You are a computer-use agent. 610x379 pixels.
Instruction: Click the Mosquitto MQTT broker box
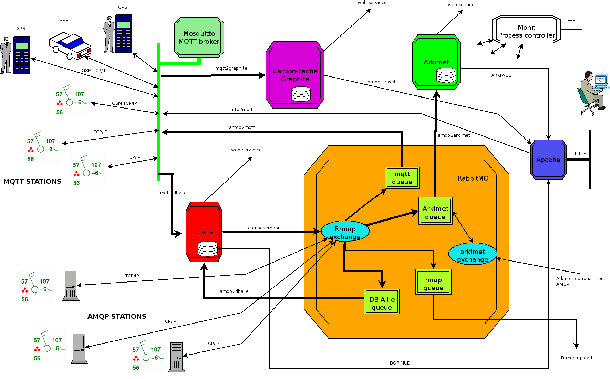(199, 37)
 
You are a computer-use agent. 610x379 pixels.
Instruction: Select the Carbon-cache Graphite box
(295, 75)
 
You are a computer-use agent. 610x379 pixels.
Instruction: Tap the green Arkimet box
(436, 62)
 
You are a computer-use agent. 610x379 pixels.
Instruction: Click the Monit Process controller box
(526, 31)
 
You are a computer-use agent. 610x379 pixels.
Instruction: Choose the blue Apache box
(548, 160)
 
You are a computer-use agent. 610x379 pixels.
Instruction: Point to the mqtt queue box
(402, 178)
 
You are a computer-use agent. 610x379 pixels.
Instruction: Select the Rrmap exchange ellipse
(345, 232)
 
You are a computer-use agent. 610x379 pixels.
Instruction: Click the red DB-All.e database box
(204, 232)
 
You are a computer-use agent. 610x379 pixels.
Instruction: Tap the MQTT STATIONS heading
(32, 182)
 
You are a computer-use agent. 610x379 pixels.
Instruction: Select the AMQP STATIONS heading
(117, 316)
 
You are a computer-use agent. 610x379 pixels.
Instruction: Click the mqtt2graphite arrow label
(231, 68)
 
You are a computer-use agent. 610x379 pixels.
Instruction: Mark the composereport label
(265, 228)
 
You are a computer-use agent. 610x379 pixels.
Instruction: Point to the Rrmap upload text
(576, 358)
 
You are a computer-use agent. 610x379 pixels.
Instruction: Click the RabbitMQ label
(473, 178)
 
